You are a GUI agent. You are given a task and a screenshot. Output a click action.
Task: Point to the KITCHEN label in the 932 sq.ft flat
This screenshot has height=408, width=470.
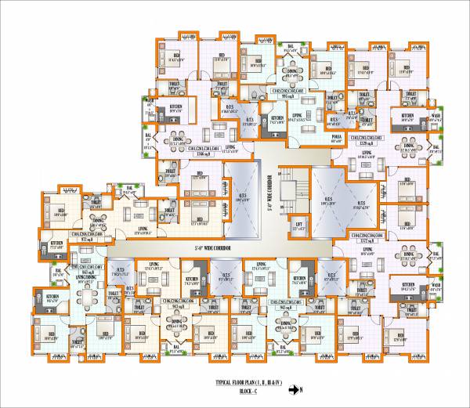click(x=57, y=244)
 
